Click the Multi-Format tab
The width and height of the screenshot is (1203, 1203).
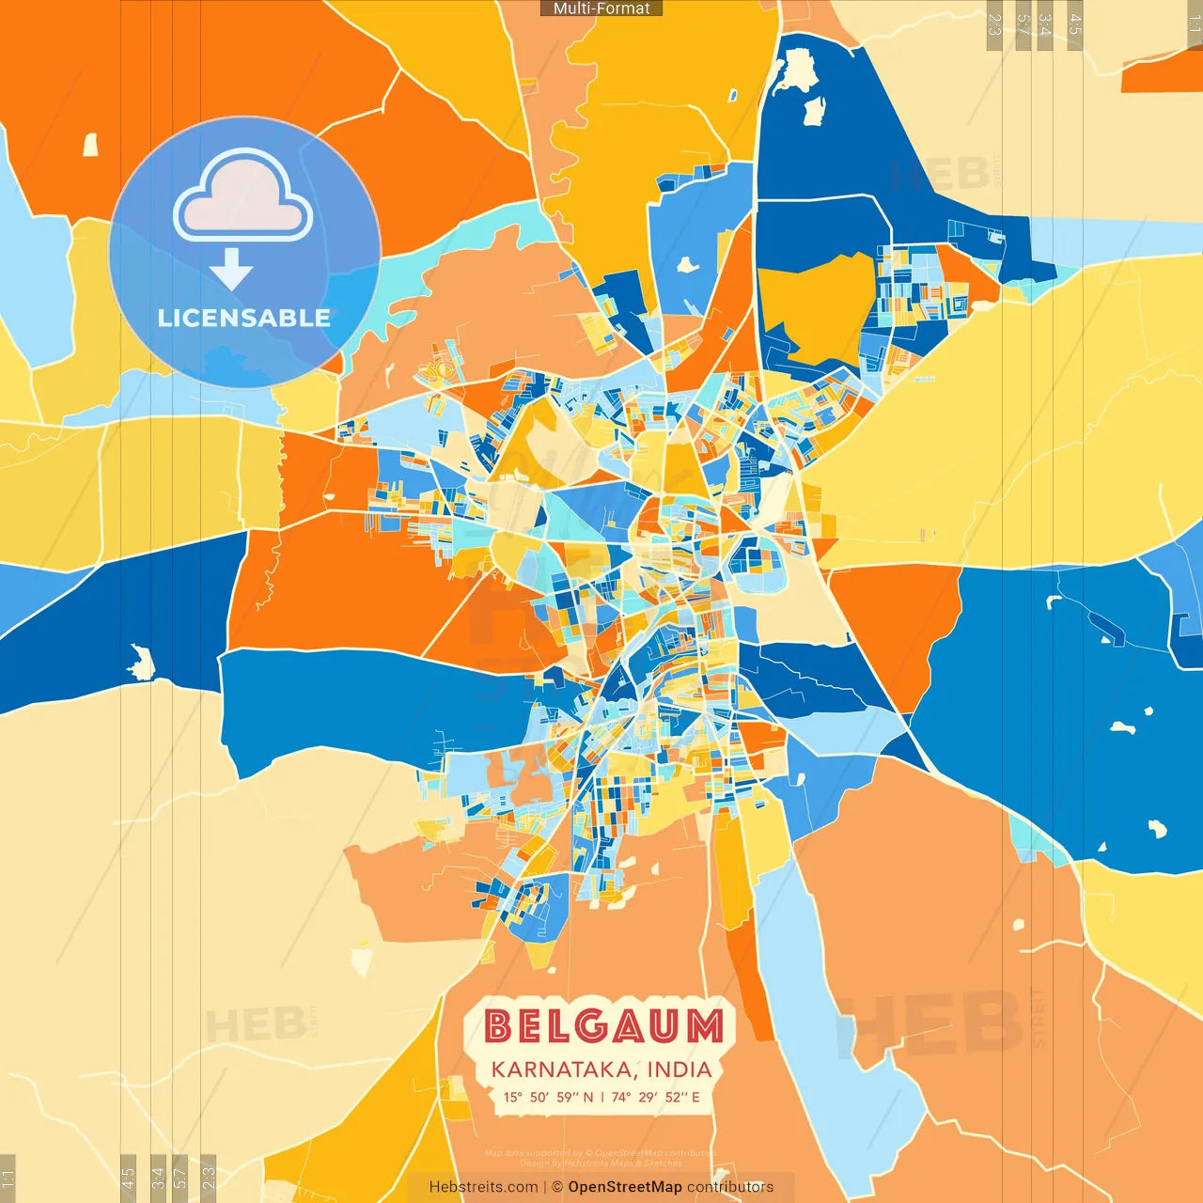tap(601, 8)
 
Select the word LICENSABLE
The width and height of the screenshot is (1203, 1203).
tap(244, 318)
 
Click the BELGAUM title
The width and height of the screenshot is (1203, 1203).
tap(604, 1025)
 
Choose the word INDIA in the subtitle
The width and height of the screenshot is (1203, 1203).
tap(680, 1070)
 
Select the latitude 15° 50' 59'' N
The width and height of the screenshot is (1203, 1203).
tap(548, 1097)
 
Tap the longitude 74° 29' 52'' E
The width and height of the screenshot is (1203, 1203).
tap(656, 1097)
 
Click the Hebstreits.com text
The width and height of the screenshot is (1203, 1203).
tap(483, 1187)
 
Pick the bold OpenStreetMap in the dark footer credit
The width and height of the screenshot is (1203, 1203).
tap(625, 1187)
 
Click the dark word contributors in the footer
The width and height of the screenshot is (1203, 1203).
tap(730, 1187)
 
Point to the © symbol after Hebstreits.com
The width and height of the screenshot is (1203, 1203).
tap(557, 1187)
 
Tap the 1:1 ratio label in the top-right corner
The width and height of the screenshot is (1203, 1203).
tap(1194, 24)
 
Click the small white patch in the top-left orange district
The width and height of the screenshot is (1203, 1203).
tap(91, 145)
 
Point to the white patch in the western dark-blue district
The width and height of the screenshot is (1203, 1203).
tap(142, 662)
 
